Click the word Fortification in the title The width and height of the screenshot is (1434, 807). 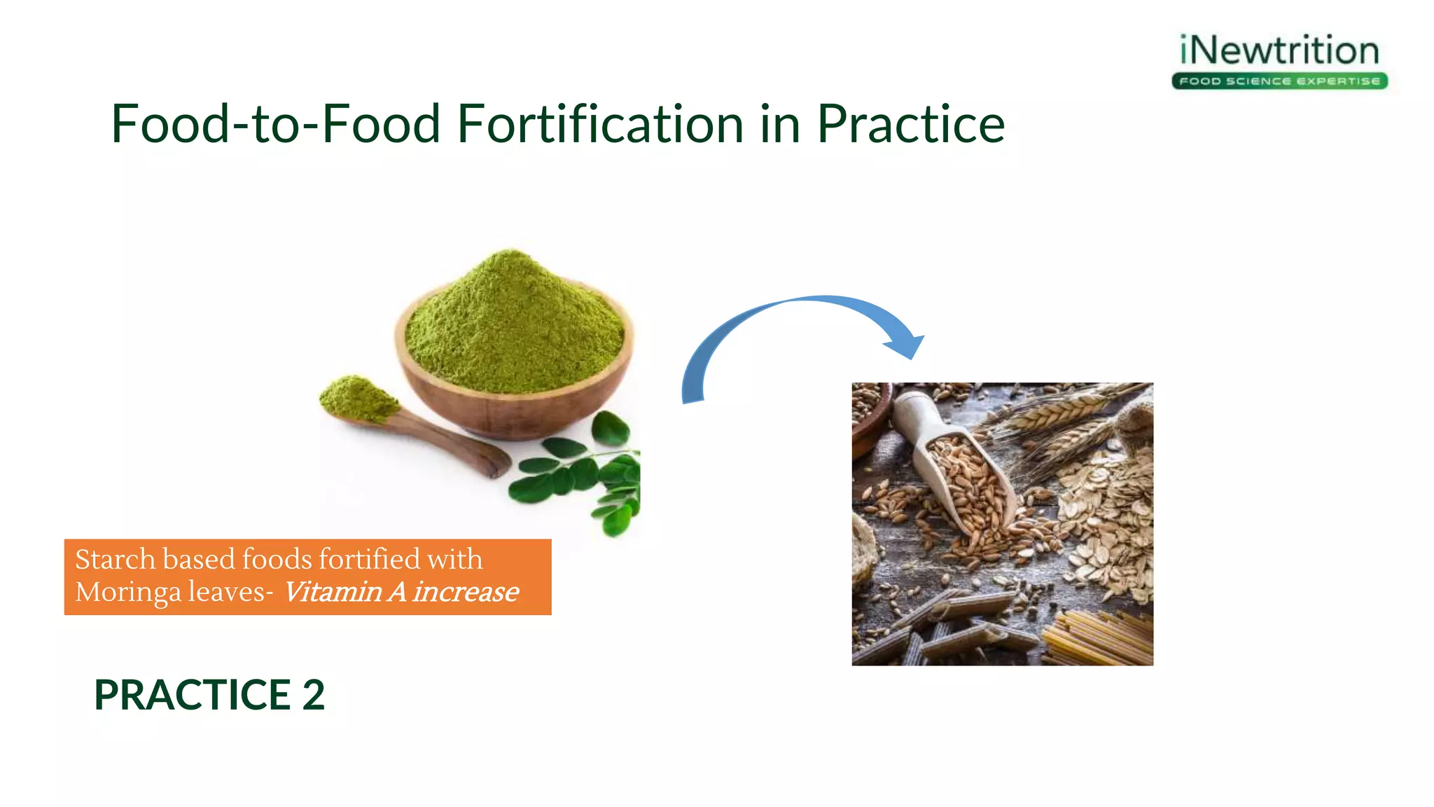(x=600, y=124)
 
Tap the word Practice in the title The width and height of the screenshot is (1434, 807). (x=910, y=124)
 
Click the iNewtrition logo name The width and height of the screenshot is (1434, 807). (x=1279, y=50)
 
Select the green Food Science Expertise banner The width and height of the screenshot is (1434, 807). (x=1279, y=81)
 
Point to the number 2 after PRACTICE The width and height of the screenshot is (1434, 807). (x=314, y=695)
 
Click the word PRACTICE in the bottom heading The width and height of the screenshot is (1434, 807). (x=193, y=695)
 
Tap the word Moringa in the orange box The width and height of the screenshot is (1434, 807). (x=127, y=593)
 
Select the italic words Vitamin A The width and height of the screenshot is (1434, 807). (x=344, y=593)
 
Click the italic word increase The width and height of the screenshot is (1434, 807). (x=466, y=593)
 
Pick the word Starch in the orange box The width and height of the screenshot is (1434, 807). (x=115, y=560)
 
